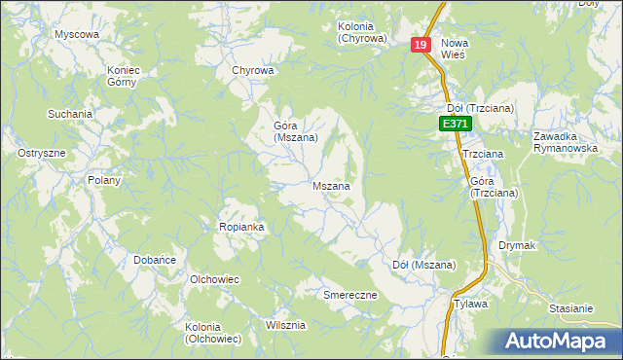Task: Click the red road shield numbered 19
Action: coord(421,46)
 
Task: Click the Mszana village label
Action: coord(331,185)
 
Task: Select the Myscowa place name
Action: coord(77,34)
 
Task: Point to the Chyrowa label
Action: coord(253,70)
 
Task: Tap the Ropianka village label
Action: coord(241,227)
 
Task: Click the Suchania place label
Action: coord(70,114)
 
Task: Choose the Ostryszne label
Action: coord(42,154)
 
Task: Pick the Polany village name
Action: coord(104,180)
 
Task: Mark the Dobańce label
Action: coord(154,260)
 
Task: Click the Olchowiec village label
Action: coord(215,279)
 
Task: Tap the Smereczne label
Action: coord(349,294)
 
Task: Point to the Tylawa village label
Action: coord(471,304)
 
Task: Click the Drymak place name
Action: coord(518,245)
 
